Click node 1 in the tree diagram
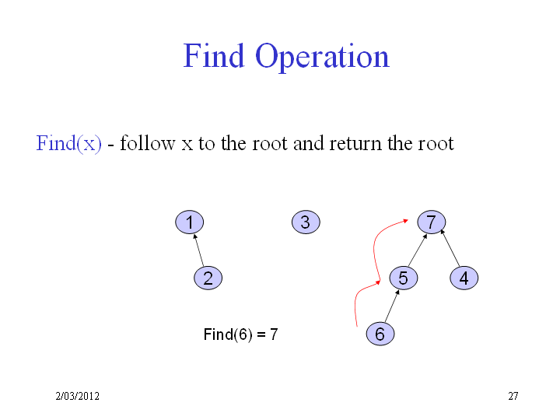(x=189, y=222)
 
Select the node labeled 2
(x=208, y=278)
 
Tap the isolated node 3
(x=306, y=222)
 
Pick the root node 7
(x=432, y=222)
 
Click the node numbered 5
(x=404, y=278)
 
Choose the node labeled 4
(x=464, y=278)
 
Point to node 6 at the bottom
(x=380, y=334)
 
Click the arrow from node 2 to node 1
(x=198, y=250)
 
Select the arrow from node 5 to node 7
(x=418, y=250)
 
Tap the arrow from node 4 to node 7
(x=450, y=248)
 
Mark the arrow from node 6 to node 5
(x=392, y=306)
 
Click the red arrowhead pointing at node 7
(x=406, y=221)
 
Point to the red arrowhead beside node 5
(x=378, y=282)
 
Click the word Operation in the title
(x=322, y=57)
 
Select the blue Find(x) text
(x=68, y=144)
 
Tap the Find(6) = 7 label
(x=240, y=334)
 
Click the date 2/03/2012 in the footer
(x=78, y=396)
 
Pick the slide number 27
(x=513, y=396)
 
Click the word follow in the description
(x=148, y=143)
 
